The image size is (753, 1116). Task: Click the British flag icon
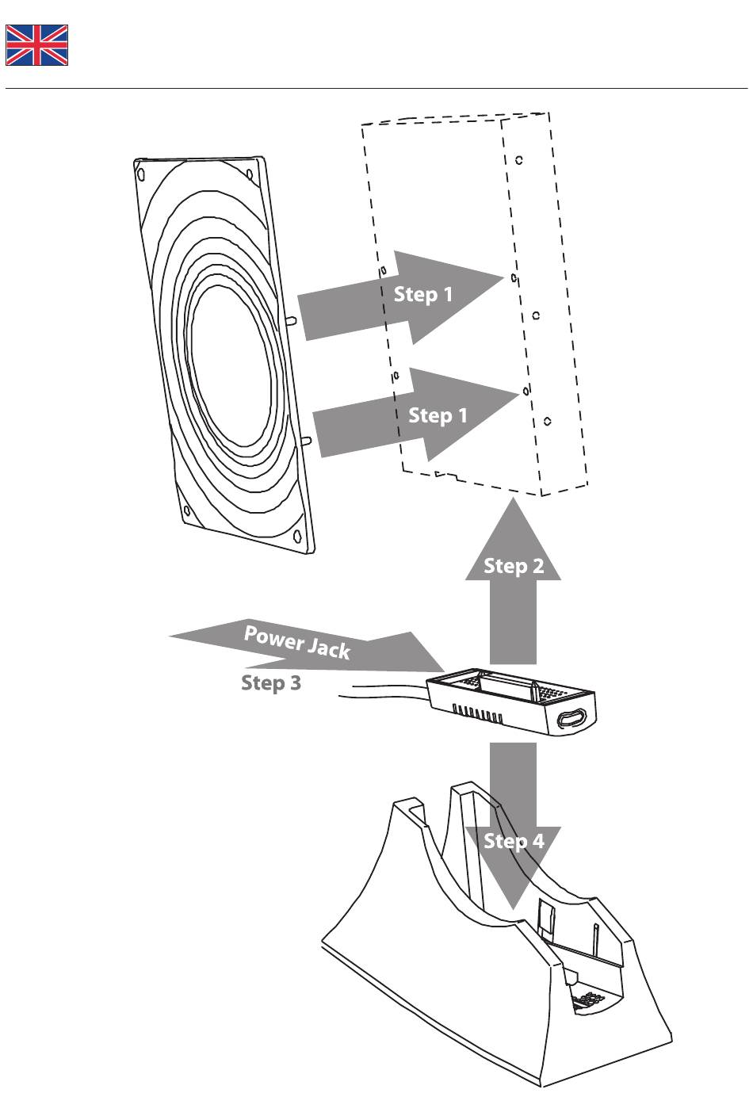(x=37, y=45)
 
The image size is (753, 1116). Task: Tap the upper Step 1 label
(x=423, y=294)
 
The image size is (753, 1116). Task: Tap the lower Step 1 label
(x=438, y=415)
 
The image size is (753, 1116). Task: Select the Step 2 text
(x=514, y=566)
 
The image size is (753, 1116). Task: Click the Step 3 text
(x=271, y=682)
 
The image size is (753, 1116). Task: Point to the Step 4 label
(x=514, y=841)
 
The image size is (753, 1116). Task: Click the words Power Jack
(x=297, y=642)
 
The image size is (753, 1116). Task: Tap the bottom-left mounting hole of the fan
(x=187, y=510)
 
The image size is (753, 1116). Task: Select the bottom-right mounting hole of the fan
(x=297, y=537)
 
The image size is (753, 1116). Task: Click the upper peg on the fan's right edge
(x=293, y=320)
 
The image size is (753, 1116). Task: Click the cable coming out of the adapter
(x=383, y=691)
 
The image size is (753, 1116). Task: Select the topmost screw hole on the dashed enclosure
(x=519, y=160)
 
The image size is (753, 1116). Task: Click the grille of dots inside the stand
(x=588, y=999)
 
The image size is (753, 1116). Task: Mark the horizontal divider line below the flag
(x=376, y=89)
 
